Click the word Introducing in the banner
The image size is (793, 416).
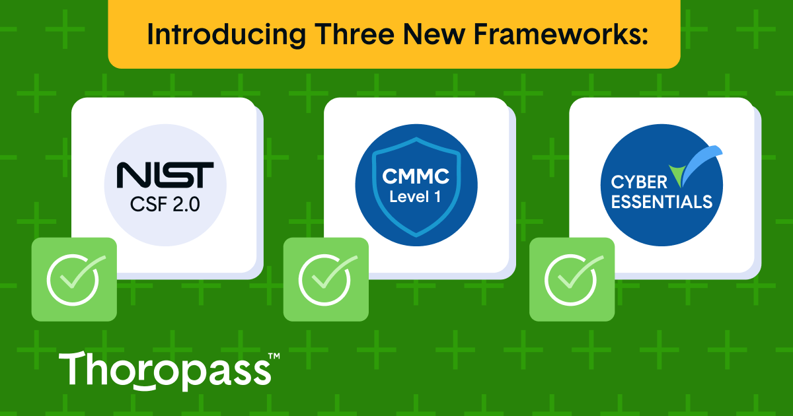[227, 35]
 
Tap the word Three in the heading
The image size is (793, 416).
[354, 34]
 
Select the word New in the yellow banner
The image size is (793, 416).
[434, 34]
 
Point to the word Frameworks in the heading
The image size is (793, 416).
[557, 34]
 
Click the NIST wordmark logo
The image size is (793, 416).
[165, 175]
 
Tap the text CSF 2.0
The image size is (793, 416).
[165, 205]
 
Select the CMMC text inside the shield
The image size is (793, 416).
[416, 176]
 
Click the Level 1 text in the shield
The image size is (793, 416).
[415, 197]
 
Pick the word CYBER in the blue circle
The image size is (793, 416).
[639, 182]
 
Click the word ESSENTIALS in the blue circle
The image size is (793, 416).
[661, 202]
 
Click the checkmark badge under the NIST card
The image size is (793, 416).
[74, 279]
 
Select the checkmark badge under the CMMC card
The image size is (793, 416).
[326, 279]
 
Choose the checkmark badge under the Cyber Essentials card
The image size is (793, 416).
[572, 279]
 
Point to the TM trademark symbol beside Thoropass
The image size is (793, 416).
[274, 356]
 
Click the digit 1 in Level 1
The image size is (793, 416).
[437, 197]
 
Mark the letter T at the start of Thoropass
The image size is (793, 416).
[73, 368]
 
